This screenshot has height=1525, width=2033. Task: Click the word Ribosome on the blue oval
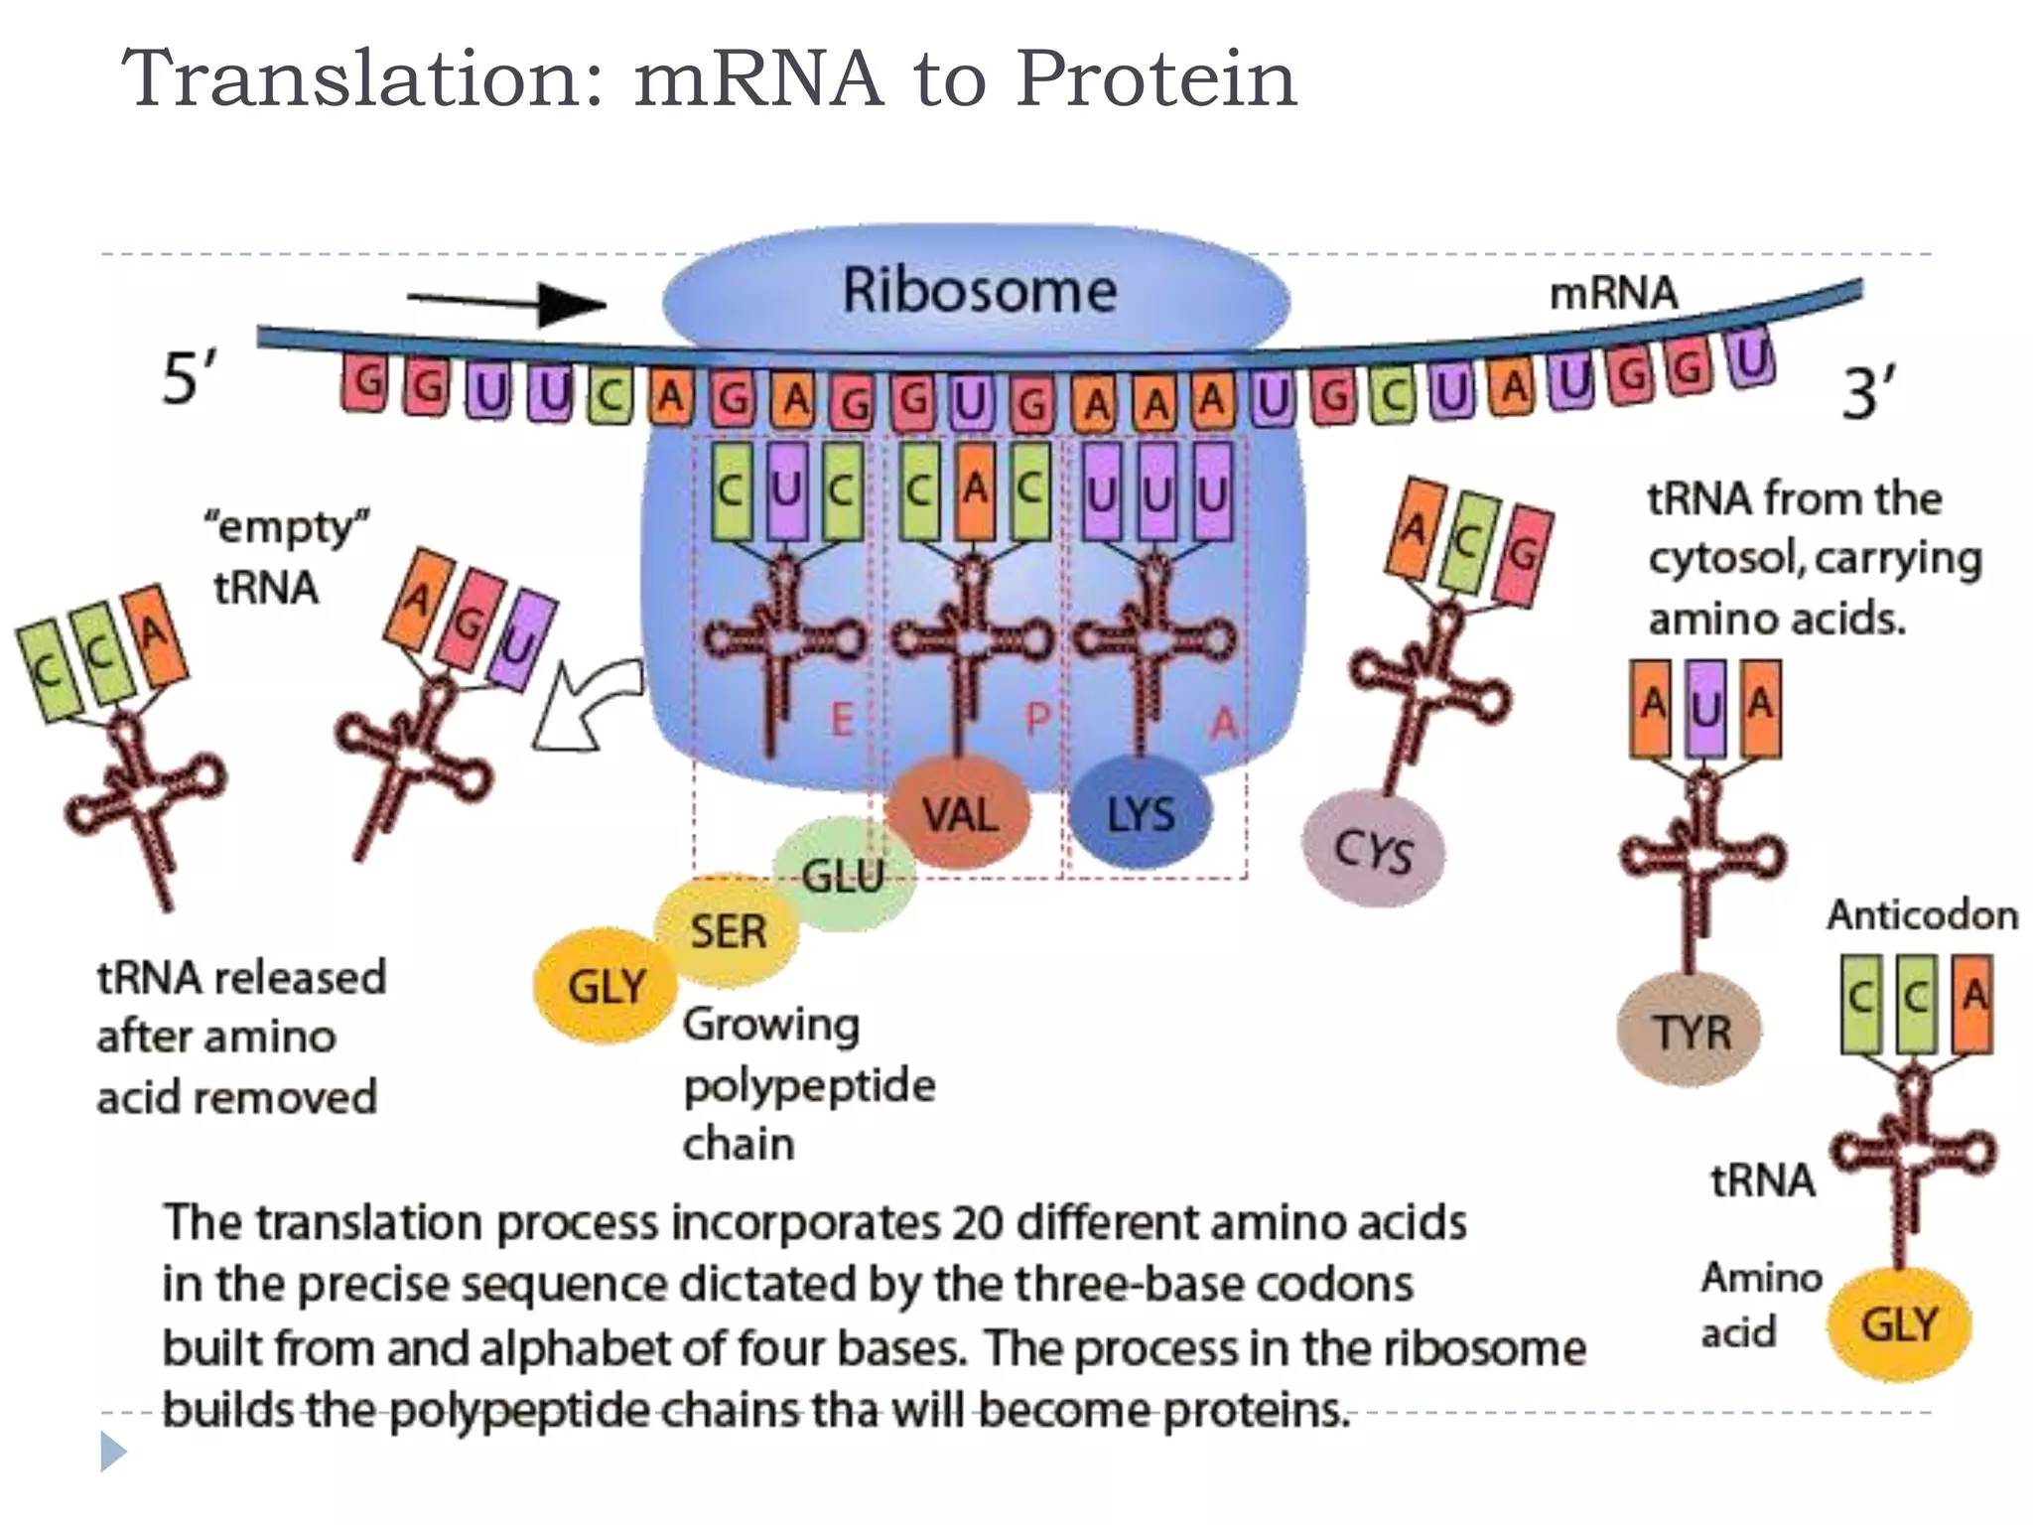coord(979,291)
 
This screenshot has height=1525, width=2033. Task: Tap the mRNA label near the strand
coord(1613,293)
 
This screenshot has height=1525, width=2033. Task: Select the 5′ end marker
coord(189,378)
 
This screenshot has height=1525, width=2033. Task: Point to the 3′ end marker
coord(1868,393)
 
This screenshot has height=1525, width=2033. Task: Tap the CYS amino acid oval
coord(1373,850)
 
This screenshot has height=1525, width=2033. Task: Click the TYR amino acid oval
coord(1690,1032)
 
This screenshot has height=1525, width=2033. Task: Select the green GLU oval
coord(842,874)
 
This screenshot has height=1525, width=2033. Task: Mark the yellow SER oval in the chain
coord(728,931)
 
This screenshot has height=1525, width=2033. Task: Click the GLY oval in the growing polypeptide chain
coord(606,987)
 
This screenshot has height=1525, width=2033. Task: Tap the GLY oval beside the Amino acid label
coord(1898,1324)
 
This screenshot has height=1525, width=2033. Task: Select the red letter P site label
coord(1036,718)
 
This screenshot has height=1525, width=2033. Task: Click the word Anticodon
coord(1922,914)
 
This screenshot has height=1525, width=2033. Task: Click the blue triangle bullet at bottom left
coord(112,1452)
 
